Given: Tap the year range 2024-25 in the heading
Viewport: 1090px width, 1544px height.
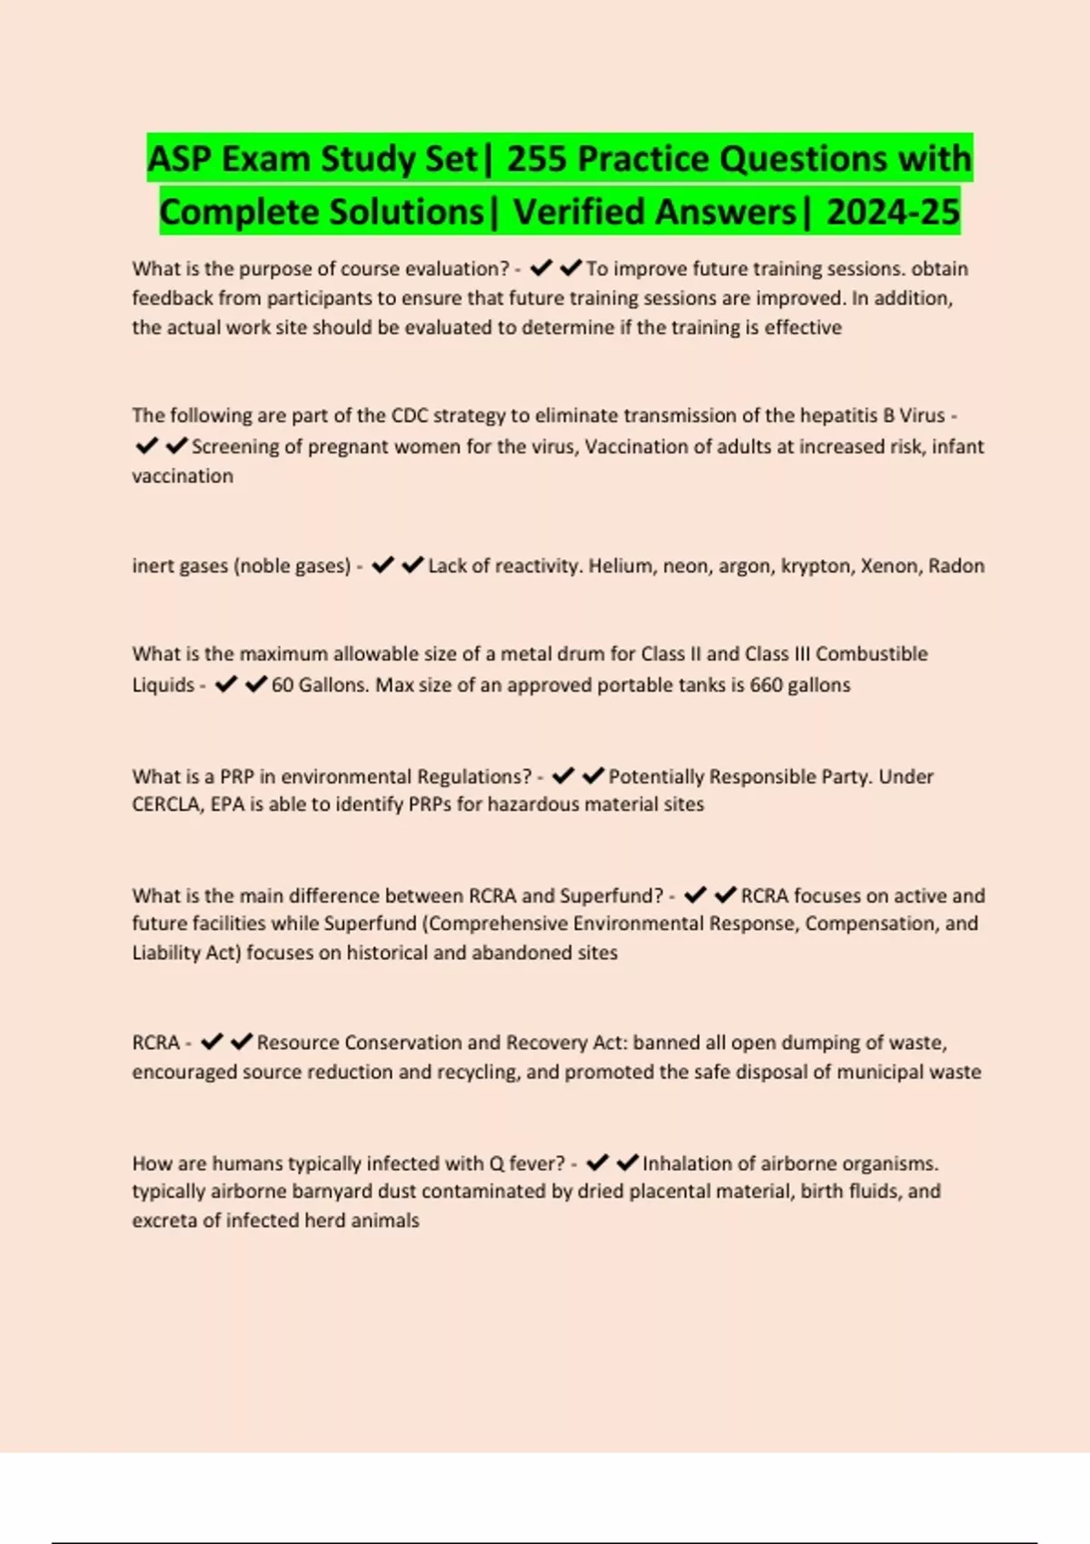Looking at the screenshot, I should coord(893,213).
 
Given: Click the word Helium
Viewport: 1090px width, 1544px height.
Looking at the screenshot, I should coord(620,566).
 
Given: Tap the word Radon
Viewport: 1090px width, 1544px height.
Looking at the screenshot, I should coord(956,566).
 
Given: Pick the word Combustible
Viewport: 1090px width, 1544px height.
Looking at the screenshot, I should coord(871,654).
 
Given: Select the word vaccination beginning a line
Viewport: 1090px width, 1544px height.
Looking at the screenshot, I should coord(183,476).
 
